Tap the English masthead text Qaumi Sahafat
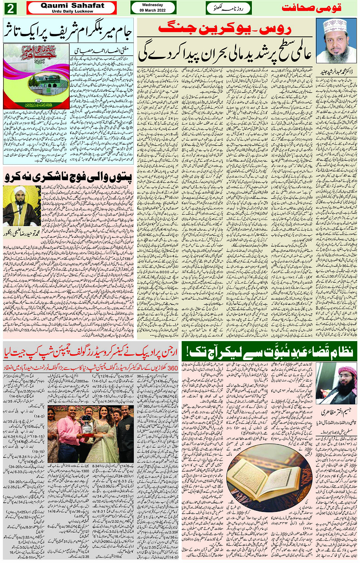tap(72, 6)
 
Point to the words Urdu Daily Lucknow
tap(72, 11)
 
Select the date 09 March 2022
tap(152, 10)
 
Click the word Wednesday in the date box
tap(152, 5)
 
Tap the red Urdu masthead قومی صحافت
tap(311, 8)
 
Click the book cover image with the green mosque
tap(36, 76)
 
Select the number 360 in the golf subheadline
tap(172, 368)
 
